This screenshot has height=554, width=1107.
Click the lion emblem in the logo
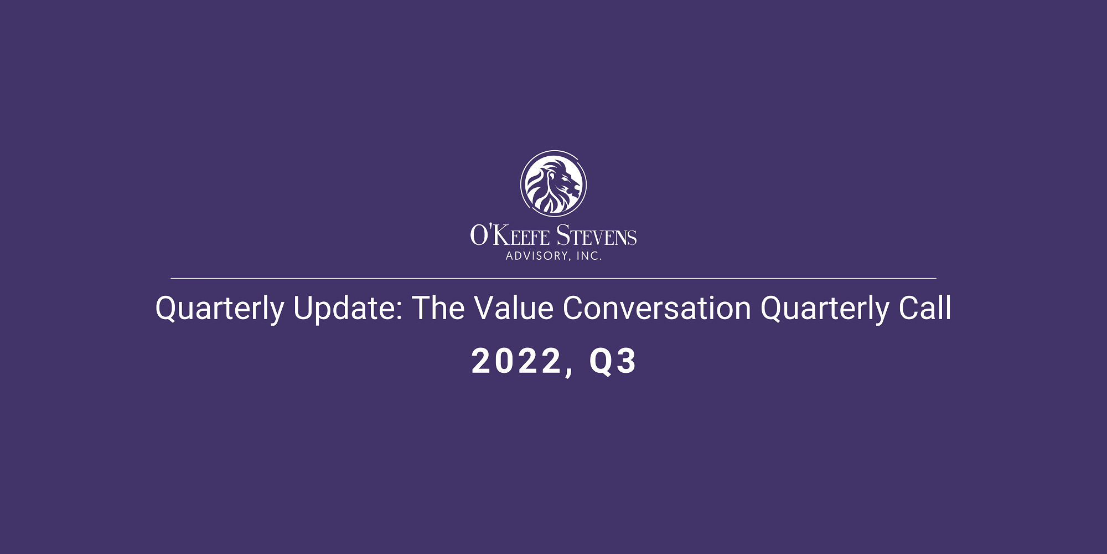pyautogui.click(x=553, y=183)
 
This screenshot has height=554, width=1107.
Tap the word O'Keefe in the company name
pyautogui.click(x=510, y=235)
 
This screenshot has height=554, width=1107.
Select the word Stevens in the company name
pyautogui.click(x=597, y=235)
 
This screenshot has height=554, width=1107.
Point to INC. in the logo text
pyautogui.click(x=589, y=256)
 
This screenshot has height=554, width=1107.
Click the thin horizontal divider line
pyautogui.click(x=553, y=278)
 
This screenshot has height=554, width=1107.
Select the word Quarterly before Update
pyautogui.click(x=220, y=309)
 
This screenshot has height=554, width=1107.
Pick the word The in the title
pyautogui.click(x=438, y=308)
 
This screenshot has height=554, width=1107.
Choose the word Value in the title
pyautogui.click(x=514, y=308)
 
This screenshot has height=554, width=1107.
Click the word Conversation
pyautogui.click(x=657, y=308)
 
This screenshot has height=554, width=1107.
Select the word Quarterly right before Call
pyautogui.click(x=825, y=309)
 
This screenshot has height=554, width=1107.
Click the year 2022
pyautogui.click(x=516, y=361)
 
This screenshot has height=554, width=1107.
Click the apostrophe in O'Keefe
pyautogui.click(x=489, y=228)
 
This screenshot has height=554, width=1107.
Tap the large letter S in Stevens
pyautogui.click(x=563, y=235)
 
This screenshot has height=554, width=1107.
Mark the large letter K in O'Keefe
pyautogui.click(x=500, y=235)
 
